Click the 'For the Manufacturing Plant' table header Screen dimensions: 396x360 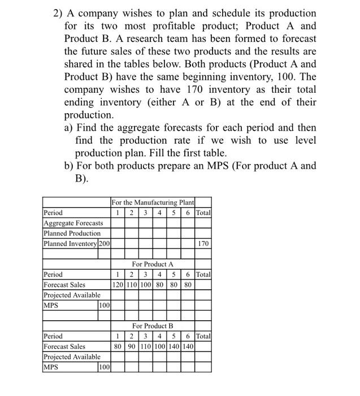tap(153, 203)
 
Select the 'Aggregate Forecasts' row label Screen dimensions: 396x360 tap(73, 223)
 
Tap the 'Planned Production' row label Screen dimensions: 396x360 tap(72, 233)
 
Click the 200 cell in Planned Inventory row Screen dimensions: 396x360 tap(104, 243)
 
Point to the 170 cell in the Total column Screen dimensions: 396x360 tap(203, 243)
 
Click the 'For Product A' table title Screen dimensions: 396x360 tap(153, 264)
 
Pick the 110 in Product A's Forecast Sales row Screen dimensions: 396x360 tap(131, 285)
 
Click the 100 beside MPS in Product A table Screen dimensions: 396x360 tap(104, 305)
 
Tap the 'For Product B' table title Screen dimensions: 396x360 tap(153, 326)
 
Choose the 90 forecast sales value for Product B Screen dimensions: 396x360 tap(131, 346)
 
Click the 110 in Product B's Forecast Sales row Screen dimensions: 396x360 tap(144, 346)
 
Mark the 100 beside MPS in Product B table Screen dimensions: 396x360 tap(104, 367)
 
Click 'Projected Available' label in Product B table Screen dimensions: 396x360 tap(72, 356)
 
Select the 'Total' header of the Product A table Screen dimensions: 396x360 tap(203, 274)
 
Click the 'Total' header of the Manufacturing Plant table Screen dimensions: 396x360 tap(203, 213)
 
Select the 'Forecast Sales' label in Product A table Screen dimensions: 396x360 tap(65, 285)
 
